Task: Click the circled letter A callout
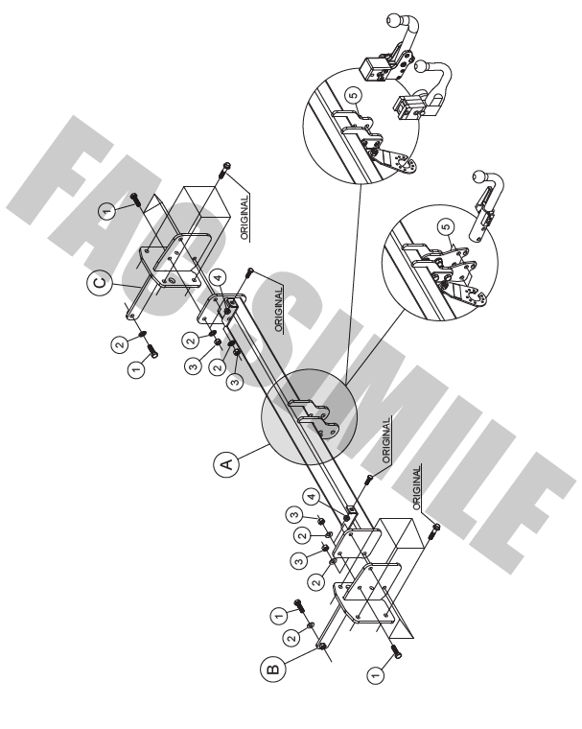[x=226, y=463]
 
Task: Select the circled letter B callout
[x=273, y=669]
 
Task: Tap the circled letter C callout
[x=100, y=283]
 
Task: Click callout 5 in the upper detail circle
[x=353, y=96]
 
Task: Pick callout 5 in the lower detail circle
[x=446, y=227]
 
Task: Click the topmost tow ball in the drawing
[x=394, y=20]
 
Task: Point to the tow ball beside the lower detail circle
[x=478, y=177]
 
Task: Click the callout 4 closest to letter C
[x=218, y=277]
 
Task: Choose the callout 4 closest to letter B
[x=312, y=497]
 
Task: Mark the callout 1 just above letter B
[x=279, y=617]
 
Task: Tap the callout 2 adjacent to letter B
[x=291, y=638]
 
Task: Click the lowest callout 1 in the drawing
[x=376, y=674]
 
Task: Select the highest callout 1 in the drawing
[x=107, y=212]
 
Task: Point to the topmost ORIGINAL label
[x=244, y=217]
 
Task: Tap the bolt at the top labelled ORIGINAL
[x=224, y=170]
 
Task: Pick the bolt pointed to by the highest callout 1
[x=136, y=200]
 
